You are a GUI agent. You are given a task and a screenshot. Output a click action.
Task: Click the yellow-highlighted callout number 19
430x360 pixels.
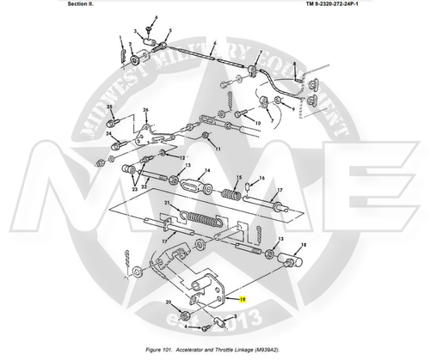point(243,299)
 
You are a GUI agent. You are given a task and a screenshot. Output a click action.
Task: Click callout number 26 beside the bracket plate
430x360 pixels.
point(146,110)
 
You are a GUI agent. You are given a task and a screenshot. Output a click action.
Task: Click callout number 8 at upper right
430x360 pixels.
point(294,65)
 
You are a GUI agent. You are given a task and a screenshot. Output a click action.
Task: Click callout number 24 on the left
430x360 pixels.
point(109,134)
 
